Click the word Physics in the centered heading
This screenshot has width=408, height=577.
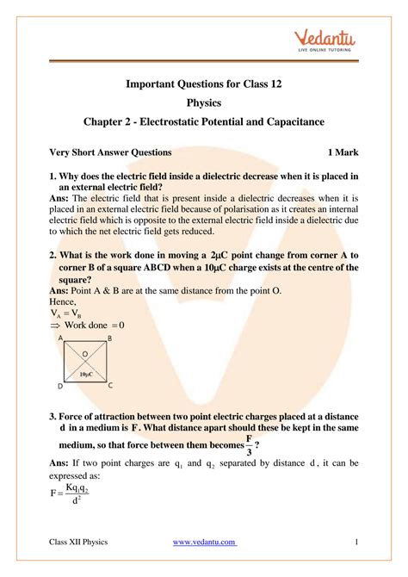click(204, 104)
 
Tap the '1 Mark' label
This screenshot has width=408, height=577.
click(337, 152)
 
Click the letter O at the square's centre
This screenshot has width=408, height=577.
click(85, 354)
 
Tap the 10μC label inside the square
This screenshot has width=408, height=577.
click(86, 375)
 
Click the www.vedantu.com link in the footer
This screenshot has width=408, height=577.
click(204, 542)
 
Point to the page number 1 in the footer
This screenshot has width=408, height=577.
click(355, 542)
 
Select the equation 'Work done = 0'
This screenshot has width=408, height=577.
click(88, 326)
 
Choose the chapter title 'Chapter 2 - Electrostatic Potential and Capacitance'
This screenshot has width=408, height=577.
click(204, 124)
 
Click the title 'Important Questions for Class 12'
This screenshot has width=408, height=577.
click(204, 84)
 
